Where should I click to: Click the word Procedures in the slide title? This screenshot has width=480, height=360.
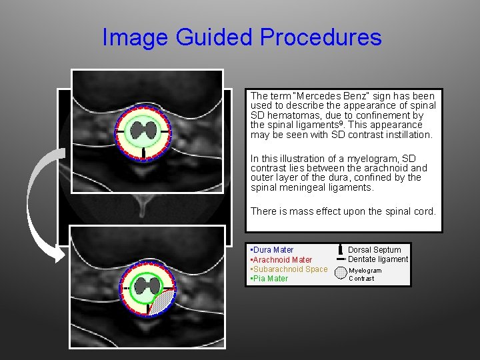(x=321, y=37)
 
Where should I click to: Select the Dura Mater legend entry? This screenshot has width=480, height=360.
(x=272, y=250)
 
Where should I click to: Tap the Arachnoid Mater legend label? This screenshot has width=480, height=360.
(x=281, y=259)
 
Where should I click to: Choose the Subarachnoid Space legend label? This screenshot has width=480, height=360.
(x=289, y=269)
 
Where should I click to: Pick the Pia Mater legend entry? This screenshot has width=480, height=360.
(x=269, y=279)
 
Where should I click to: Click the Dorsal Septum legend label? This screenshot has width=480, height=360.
(x=374, y=250)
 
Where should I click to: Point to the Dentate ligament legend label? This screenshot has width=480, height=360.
(x=378, y=259)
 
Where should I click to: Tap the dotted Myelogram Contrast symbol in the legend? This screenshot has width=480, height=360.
(x=341, y=273)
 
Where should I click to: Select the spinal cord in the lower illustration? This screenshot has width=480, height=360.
(x=143, y=287)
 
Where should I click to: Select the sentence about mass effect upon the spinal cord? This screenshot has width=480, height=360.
(x=343, y=211)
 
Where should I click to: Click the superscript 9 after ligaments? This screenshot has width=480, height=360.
(x=342, y=123)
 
